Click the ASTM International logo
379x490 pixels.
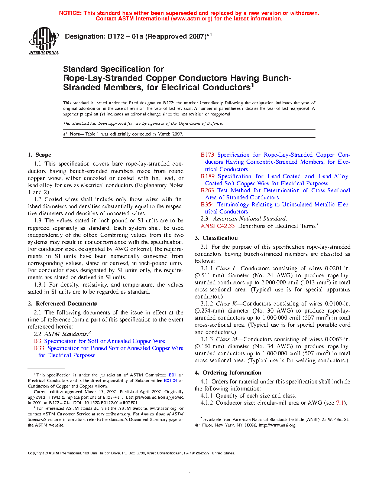click(x=44, y=40)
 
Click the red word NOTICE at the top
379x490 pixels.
click(x=70, y=13)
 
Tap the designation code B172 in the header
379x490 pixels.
click(x=116, y=36)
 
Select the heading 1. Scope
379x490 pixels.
click(x=39, y=155)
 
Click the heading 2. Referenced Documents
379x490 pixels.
click(x=62, y=304)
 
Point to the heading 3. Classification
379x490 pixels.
click(x=216, y=238)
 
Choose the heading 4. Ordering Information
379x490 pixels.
click(x=228, y=373)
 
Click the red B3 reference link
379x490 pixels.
click(x=38, y=341)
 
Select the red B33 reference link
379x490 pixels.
click(x=39, y=348)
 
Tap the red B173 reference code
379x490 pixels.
click(x=207, y=155)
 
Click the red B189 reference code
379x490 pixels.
click(x=208, y=176)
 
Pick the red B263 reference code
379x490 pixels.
click(x=207, y=190)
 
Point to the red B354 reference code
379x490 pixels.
click(x=207, y=205)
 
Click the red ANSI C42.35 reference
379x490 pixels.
click(x=218, y=226)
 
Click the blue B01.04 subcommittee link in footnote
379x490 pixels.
click(x=171, y=380)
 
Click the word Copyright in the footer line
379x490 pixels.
click(x=36, y=453)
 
